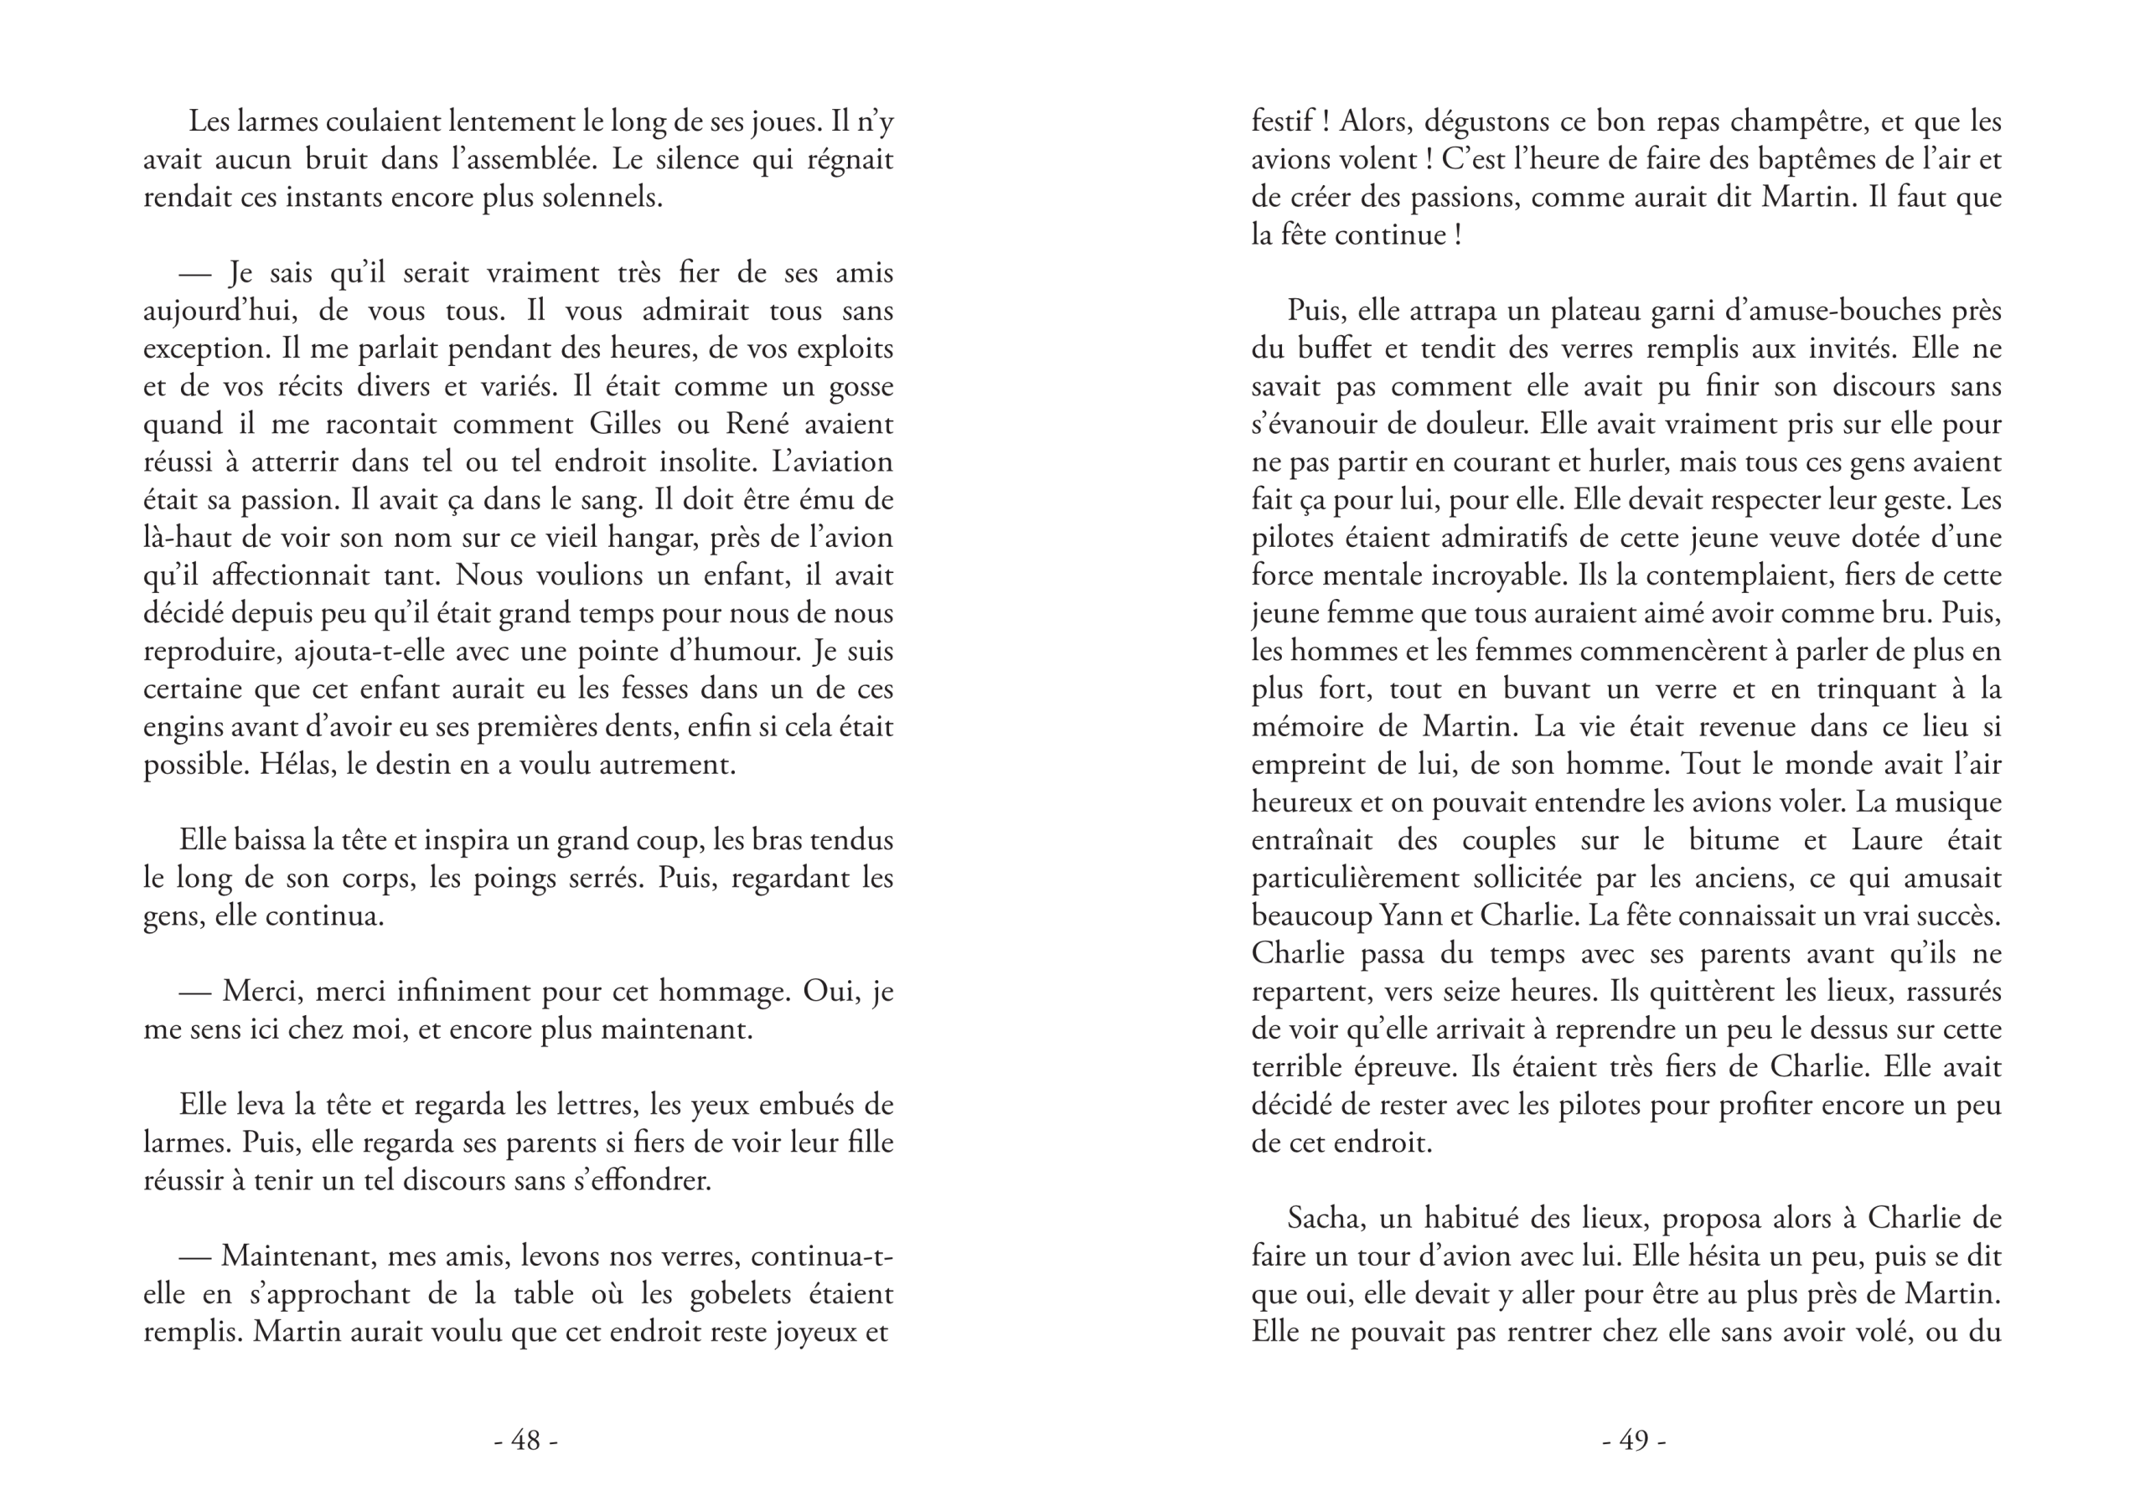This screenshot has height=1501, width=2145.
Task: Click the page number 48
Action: [x=526, y=1441]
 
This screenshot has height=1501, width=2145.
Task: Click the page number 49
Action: [x=1634, y=1441]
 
